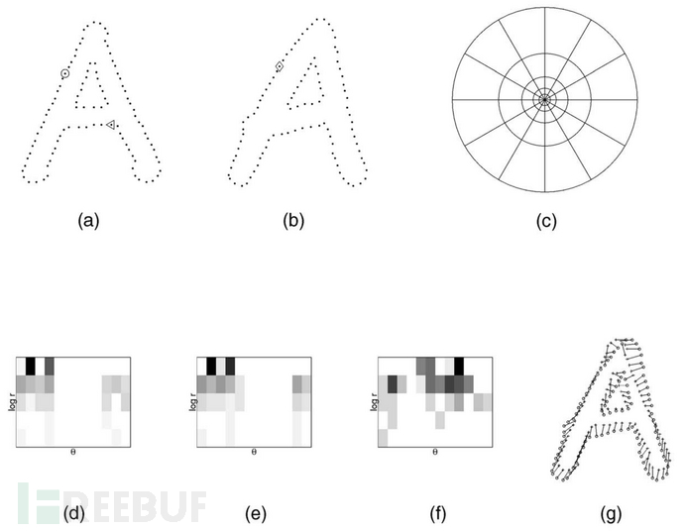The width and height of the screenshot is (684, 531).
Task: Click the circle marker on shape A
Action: (x=64, y=73)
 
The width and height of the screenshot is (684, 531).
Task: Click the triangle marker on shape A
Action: (x=111, y=125)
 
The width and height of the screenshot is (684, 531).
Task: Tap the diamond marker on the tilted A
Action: (x=280, y=66)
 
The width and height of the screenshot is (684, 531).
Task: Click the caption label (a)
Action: (x=88, y=221)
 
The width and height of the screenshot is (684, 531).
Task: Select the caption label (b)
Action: (x=293, y=221)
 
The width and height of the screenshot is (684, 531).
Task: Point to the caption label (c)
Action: (x=546, y=221)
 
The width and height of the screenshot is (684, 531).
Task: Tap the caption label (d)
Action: (x=73, y=514)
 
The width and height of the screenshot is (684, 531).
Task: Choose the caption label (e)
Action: (x=256, y=514)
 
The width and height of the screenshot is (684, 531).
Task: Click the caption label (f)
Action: (x=437, y=514)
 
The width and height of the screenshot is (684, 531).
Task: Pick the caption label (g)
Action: (x=611, y=514)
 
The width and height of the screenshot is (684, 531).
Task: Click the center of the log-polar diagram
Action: (x=544, y=100)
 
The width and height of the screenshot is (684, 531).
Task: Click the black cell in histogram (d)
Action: (x=30, y=367)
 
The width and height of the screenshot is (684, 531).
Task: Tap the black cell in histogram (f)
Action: (x=459, y=367)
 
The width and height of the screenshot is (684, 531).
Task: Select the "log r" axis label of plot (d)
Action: (x=12, y=401)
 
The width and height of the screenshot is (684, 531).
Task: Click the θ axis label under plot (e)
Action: (x=254, y=452)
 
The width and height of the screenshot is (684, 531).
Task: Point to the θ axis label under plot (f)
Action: (x=435, y=452)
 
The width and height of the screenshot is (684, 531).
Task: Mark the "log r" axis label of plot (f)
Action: (x=374, y=401)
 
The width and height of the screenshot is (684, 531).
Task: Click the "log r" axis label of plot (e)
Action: (x=193, y=401)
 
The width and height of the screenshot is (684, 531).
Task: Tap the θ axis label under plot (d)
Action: (x=72, y=452)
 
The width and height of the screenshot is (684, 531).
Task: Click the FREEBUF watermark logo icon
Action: (x=39, y=502)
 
